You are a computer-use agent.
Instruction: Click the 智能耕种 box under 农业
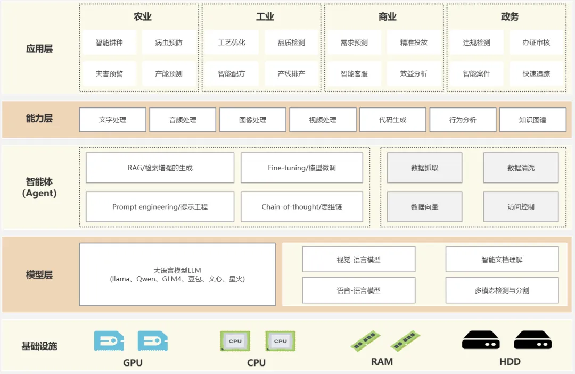tap(109, 43)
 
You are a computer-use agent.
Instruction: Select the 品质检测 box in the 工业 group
tap(291, 43)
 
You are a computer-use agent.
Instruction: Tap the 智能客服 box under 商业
tap(354, 74)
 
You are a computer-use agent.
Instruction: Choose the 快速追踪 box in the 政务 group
tap(536, 74)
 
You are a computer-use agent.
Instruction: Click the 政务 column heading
tap(510, 16)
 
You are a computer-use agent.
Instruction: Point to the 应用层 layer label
tap(39, 49)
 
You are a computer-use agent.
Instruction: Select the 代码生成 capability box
tap(392, 120)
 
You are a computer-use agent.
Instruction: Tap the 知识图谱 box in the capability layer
tap(532, 120)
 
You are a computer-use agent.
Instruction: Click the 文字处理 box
tap(112, 120)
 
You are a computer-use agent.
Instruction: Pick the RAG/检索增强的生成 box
tap(160, 168)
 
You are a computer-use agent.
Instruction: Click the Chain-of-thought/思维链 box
tap(301, 207)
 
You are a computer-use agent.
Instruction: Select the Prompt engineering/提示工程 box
tap(160, 207)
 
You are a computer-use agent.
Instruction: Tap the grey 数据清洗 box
tap(521, 168)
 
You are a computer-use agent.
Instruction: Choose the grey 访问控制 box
tap(521, 207)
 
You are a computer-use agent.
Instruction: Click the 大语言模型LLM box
tap(177, 275)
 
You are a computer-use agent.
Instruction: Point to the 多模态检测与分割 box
tap(502, 290)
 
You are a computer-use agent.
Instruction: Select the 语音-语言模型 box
tap(358, 290)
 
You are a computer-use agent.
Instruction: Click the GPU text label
tap(133, 363)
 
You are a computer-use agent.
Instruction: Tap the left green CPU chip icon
tap(235, 341)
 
